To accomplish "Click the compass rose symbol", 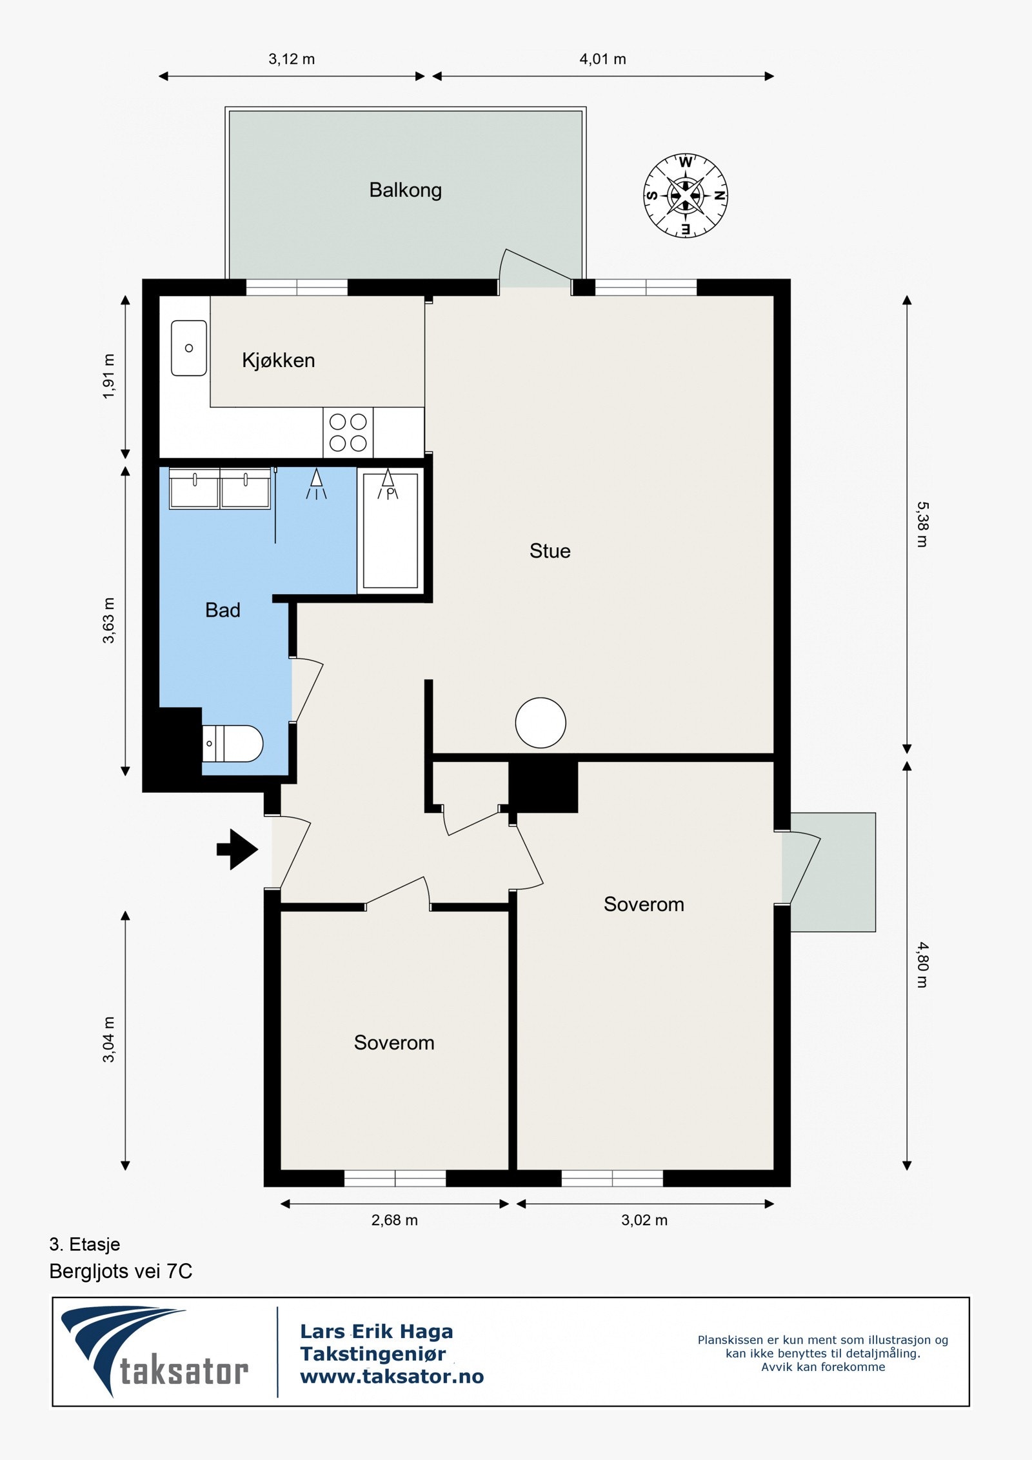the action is coord(685,195).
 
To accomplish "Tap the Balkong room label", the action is coord(405,190).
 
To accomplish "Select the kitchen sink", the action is coord(189,348).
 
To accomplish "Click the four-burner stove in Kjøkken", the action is coord(348,432).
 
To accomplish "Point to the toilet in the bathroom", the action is coord(232,743).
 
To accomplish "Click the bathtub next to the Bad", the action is coord(390,530).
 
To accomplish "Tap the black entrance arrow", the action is coord(237,850).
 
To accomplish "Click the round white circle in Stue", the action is coord(541,723).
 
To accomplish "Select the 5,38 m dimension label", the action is coord(923,525).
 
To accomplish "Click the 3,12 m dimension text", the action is coord(292,59).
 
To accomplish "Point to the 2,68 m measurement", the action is coord(394,1220).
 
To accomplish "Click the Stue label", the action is coord(550,551).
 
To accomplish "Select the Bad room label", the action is coord(223,610).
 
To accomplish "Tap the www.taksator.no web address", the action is coord(392,1376).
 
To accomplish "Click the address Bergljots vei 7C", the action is coord(121,1271).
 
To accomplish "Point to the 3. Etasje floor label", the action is coord(84,1244).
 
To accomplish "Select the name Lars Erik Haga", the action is coord(377,1331).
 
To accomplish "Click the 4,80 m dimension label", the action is coord(923,965).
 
